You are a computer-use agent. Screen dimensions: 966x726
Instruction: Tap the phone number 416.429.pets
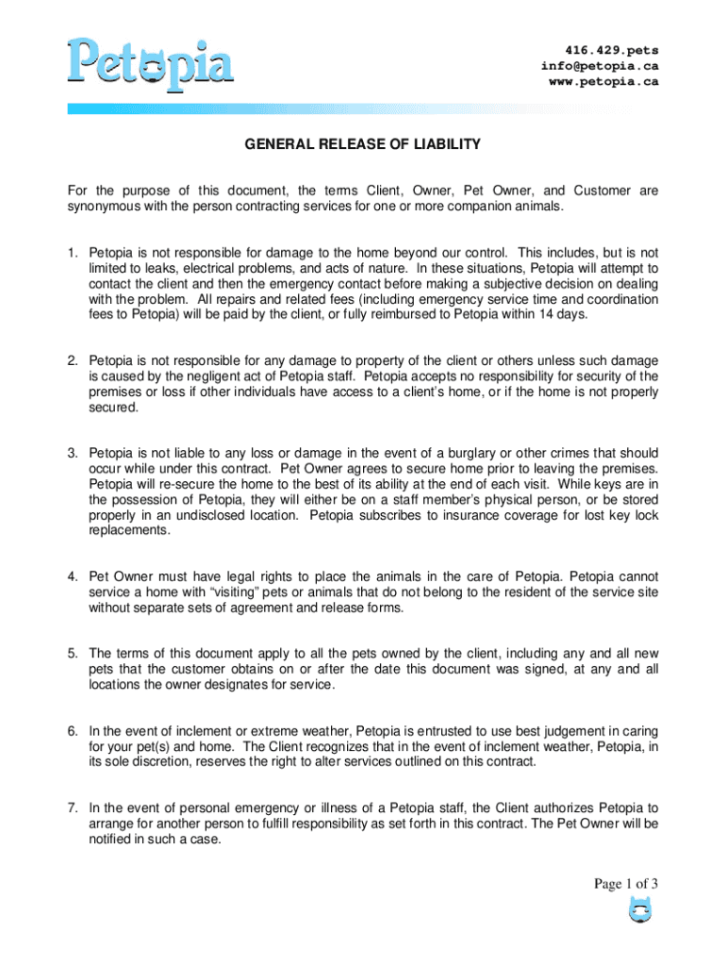click(612, 50)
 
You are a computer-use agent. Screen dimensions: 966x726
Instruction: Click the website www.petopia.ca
click(603, 82)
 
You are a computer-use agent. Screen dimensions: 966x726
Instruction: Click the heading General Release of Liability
click(363, 144)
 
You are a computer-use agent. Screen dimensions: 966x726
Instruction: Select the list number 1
click(72, 253)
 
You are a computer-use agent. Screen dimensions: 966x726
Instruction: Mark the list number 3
click(72, 453)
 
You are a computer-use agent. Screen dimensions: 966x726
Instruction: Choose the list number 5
click(72, 653)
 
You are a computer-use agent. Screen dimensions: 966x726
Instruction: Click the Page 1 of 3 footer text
click(625, 884)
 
